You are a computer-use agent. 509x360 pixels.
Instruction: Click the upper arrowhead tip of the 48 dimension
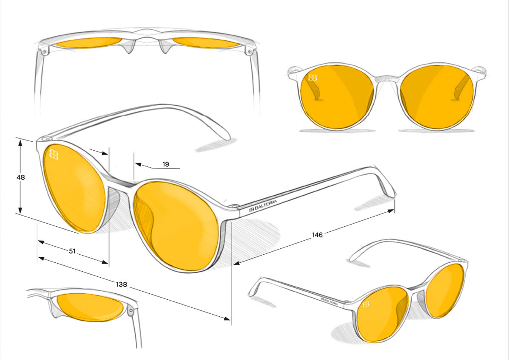click(20, 140)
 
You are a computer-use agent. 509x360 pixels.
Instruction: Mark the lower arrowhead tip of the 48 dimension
click(20, 214)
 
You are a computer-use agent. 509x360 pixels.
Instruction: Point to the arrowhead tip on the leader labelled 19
click(135, 163)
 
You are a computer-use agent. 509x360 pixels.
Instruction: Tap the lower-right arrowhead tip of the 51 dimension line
click(108, 263)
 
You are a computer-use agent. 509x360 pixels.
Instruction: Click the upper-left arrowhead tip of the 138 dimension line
click(38, 257)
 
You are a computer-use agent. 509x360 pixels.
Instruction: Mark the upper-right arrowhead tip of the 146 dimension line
click(394, 210)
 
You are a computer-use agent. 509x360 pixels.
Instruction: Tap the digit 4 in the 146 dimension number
click(317, 235)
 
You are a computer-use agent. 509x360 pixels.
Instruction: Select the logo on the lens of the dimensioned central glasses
click(54, 155)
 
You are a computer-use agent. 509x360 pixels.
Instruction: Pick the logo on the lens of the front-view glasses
click(313, 78)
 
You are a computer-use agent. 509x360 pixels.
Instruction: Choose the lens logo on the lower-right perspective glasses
click(366, 304)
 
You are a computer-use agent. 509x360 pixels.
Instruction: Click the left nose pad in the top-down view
click(129, 47)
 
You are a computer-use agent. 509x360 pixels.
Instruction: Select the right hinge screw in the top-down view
click(250, 51)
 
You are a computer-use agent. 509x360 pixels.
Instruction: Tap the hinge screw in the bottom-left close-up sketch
click(131, 310)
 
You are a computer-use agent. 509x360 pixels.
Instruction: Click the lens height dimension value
click(21, 177)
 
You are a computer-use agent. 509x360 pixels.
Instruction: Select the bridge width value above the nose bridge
click(166, 164)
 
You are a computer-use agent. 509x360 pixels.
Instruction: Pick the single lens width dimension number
click(72, 251)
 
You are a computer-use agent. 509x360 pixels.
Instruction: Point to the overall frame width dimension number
click(122, 284)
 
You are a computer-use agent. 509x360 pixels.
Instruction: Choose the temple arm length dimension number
click(317, 235)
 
